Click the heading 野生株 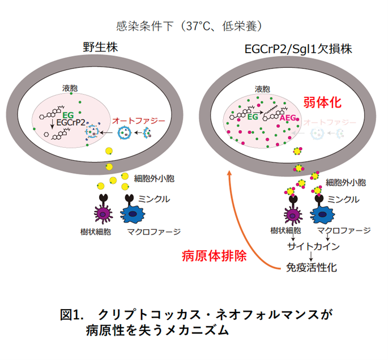pyautogui.click(x=99, y=49)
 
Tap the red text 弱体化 pyautogui.click(x=323, y=102)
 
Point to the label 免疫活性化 pyautogui.click(x=310, y=267)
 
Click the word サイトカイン pyautogui.click(x=310, y=246)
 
